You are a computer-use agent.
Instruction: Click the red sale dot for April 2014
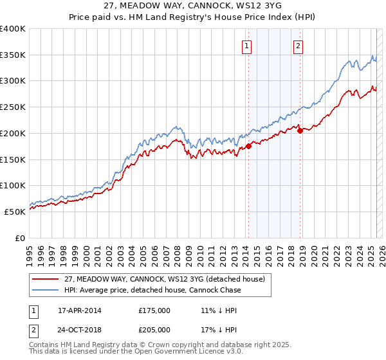248,146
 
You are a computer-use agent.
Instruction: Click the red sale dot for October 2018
300,130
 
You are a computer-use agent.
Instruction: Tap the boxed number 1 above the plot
248,46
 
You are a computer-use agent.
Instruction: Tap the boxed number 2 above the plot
299,46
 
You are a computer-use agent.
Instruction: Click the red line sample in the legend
46,279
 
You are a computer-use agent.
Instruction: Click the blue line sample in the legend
46,290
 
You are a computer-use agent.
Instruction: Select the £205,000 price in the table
154,329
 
